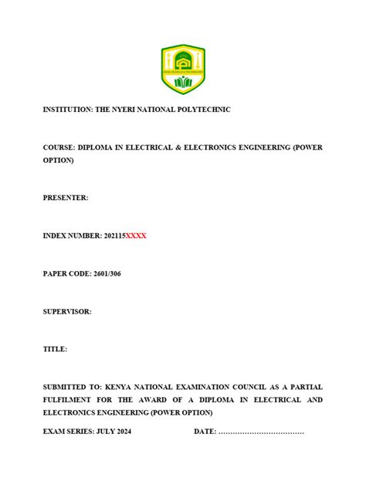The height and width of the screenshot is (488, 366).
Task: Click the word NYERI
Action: (x=126, y=110)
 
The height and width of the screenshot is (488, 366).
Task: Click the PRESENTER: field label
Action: (x=66, y=198)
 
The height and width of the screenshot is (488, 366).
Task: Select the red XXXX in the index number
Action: (x=136, y=236)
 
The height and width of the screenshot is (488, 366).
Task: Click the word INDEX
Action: (x=56, y=236)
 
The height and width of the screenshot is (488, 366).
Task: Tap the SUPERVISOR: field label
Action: (x=67, y=311)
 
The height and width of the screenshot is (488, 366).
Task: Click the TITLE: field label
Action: (x=55, y=349)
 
